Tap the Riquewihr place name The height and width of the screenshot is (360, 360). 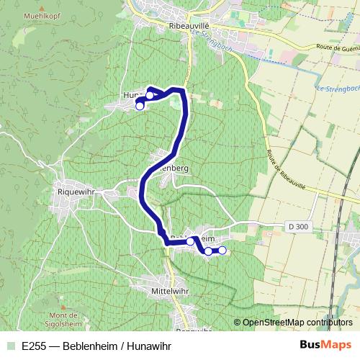76,192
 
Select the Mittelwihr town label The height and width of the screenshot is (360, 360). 170,289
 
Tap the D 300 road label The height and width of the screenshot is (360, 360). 297,228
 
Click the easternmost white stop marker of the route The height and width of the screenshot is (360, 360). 222,250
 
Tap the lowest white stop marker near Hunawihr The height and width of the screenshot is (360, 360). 140,106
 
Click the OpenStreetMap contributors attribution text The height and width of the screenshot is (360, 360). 297,322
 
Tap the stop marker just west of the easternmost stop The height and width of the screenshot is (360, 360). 208,251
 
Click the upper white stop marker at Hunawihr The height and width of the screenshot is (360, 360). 150,95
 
